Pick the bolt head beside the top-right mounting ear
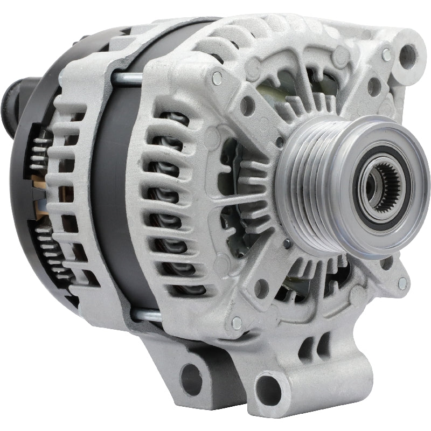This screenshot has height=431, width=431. click(x=386, y=54)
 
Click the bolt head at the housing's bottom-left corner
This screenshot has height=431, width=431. click(x=236, y=323)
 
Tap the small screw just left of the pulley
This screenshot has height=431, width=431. click(x=279, y=142)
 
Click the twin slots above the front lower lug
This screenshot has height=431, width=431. click(x=316, y=345)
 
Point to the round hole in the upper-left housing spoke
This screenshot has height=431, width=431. click(x=247, y=106)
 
